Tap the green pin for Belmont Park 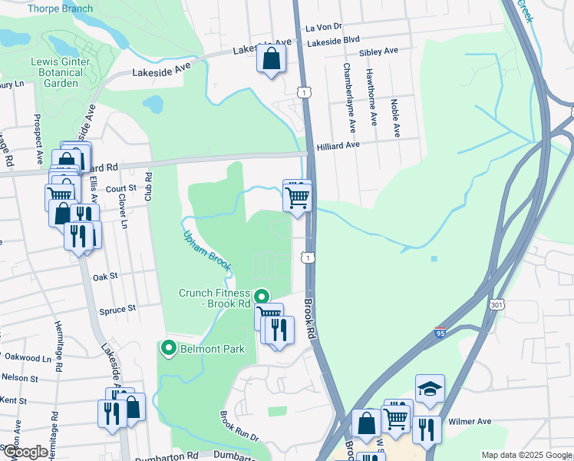tap(168, 349)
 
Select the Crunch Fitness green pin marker tap(261, 296)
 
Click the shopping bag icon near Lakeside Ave tap(272, 58)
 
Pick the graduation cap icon tap(430, 390)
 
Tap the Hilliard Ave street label tap(338, 145)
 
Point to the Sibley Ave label tap(379, 51)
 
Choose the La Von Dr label tap(322, 27)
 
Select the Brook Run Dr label tap(239, 427)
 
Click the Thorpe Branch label tap(60, 9)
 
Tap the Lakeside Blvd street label tap(333, 40)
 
